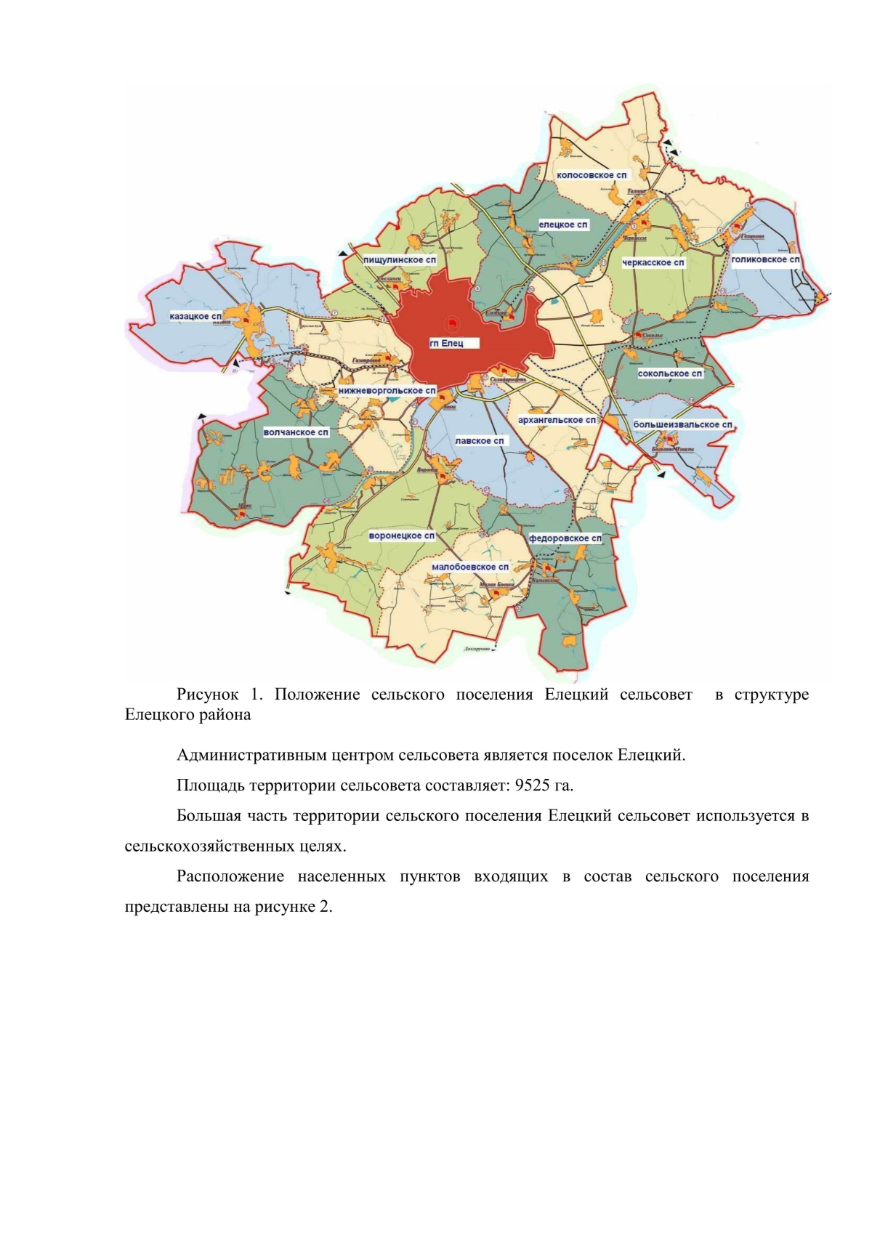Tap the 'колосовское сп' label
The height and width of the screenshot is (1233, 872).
point(591,175)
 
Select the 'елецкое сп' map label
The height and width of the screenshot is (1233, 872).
point(563,225)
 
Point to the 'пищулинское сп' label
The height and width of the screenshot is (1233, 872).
point(400,259)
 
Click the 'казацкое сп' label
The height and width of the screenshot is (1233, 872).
point(195,317)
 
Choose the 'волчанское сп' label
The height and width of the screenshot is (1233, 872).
point(296,432)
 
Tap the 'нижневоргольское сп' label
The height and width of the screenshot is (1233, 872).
point(387,391)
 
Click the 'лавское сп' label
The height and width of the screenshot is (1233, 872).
point(479,441)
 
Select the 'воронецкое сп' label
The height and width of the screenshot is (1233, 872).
point(402,536)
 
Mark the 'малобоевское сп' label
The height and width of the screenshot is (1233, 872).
point(469,567)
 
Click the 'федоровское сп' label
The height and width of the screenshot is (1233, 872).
point(565,538)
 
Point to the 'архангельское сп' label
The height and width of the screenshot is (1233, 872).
point(557,420)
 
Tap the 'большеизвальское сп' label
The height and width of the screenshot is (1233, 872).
point(682,424)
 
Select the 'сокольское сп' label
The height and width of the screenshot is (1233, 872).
point(670,373)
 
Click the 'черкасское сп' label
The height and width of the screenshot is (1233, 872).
point(653,262)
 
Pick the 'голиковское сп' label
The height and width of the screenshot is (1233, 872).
point(765,259)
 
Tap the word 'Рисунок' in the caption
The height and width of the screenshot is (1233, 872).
point(207,695)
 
